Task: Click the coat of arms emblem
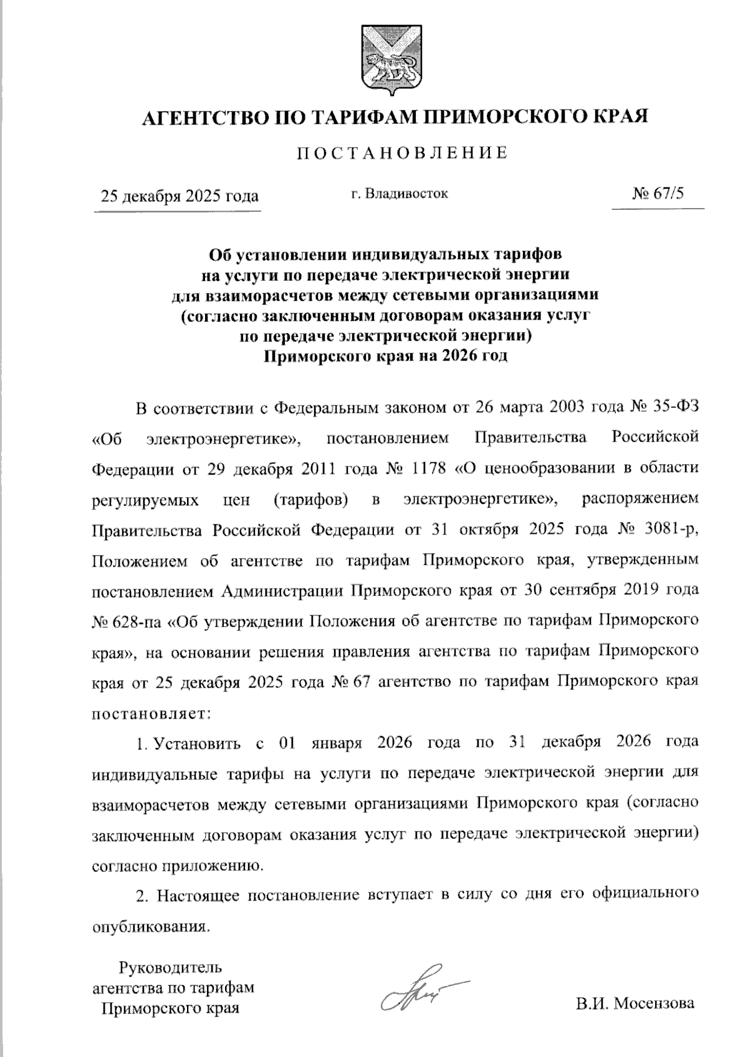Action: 391,60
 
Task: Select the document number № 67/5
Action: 658,194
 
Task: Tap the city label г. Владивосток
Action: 399,194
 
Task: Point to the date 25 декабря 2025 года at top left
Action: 180,196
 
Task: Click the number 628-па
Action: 139,620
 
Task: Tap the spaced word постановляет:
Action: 153,713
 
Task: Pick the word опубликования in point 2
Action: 148,926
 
